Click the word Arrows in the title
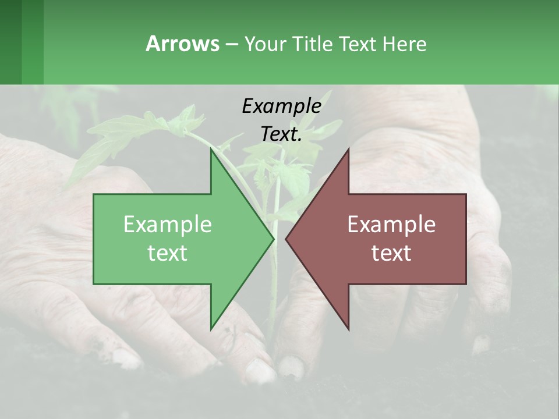click(x=182, y=44)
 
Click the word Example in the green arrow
click(x=168, y=224)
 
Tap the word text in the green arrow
click(x=168, y=253)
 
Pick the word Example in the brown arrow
click(x=391, y=224)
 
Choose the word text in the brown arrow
click(x=391, y=253)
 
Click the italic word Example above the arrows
click(x=281, y=106)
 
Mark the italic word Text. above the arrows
click(x=281, y=134)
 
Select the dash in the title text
click(x=231, y=45)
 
